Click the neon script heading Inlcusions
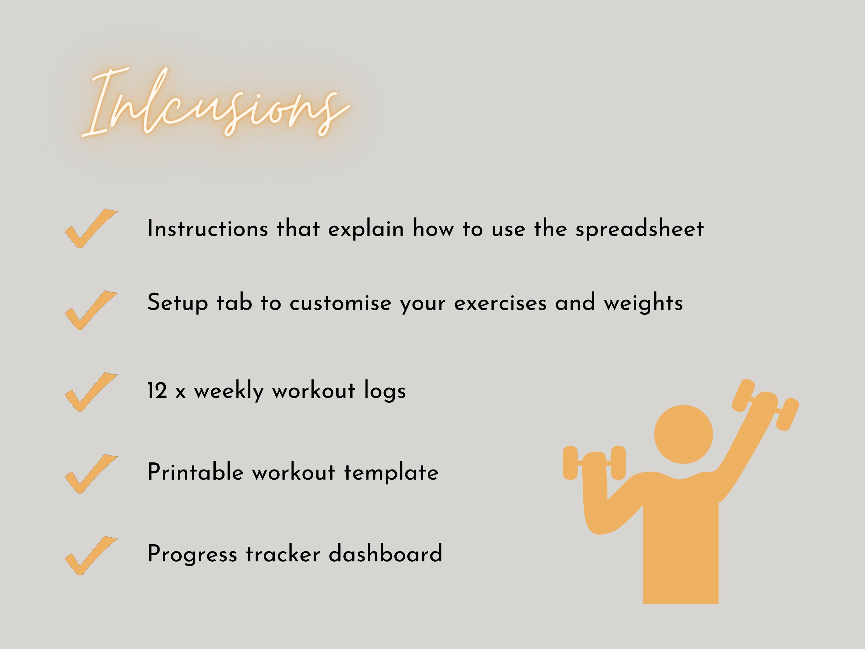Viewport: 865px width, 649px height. point(215,104)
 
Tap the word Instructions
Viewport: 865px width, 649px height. point(207,228)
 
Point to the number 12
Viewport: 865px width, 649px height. point(157,391)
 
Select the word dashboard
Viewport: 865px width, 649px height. point(385,554)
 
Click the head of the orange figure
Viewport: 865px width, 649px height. point(683,434)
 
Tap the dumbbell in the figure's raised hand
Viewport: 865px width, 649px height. point(765,405)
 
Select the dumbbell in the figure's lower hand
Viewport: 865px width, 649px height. point(594,462)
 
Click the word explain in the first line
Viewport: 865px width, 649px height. point(366,229)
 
